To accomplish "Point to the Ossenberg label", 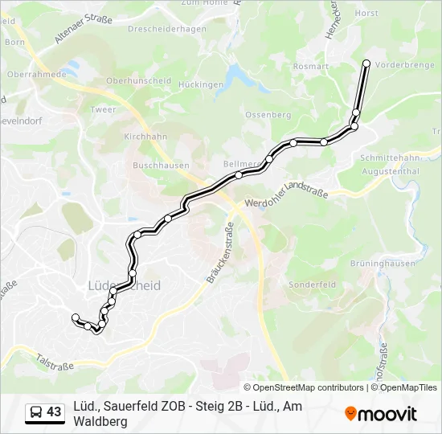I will pyautogui.click(x=268, y=115).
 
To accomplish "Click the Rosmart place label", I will pyautogui.click(x=312, y=67).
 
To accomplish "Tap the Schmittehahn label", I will pyautogui.click(x=390, y=159).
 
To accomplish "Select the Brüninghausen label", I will pyautogui.click(x=383, y=264).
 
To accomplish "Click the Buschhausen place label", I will pyautogui.click(x=161, y=166).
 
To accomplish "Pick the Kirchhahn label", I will pyautogui.click(x=145, y=137).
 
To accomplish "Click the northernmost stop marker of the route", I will pyautogui.click(x=367, y=63).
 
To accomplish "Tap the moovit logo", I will pyautogui.click(x=381, y=414).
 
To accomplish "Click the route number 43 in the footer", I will pyautogui.click(x=54, y=412).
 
